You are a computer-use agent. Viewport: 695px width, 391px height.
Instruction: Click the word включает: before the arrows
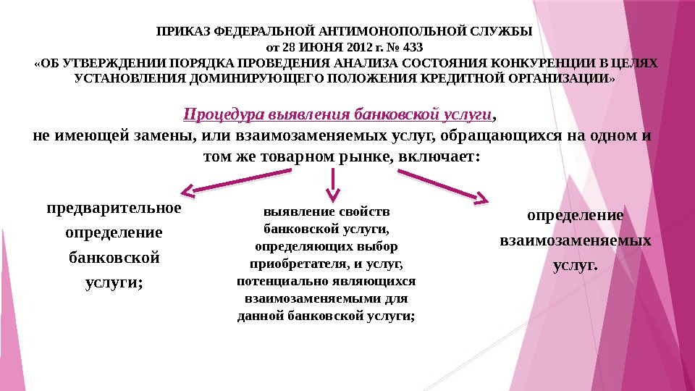tap(439, 156)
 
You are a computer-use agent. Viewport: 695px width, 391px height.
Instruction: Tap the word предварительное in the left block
tap(114, 209)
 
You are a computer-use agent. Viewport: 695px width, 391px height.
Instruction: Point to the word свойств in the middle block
tap(367, 212)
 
